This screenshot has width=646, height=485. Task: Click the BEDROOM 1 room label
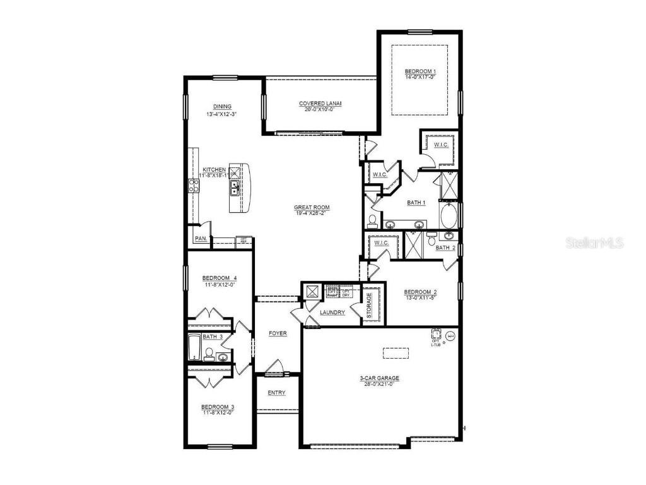(x=421, y=71)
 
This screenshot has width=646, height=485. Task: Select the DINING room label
(x=222, y=106)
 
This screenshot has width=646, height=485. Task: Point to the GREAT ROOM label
(x=312, y=207)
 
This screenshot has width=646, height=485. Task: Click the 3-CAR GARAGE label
(x=380, y=379)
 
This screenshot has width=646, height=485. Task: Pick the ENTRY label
(x=276, y=393)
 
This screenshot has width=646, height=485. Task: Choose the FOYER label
(x=278, y=333)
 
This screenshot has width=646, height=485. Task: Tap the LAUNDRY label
(x=332, y=313)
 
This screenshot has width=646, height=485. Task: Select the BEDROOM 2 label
(x=420, y=292)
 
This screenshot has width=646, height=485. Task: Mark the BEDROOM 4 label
(x=220, y=278)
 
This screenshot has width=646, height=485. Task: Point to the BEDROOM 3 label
(x=218, y=407)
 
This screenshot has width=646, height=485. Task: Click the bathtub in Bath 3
(x=194, y=347)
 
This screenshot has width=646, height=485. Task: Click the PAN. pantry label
(x=201, y=239)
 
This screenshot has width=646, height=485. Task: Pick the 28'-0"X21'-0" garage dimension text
(x=380, y=385)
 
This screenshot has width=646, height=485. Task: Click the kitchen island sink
(x=234, y=188)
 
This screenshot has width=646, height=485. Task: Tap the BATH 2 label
(x=445, y=248)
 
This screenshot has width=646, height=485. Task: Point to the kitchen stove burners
(x=193, y=185)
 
